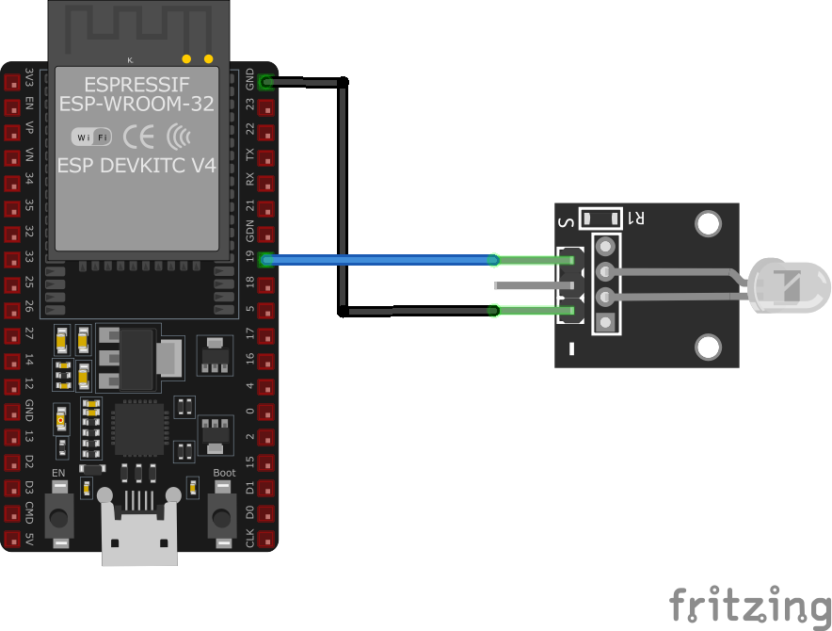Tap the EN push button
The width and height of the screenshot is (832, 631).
pyautogui.click(x=60, y=516)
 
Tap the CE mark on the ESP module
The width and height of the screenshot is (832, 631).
pyautogui.click(x=139, y=138)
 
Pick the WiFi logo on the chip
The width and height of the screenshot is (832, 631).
pyautogui.click(x=91, y=138)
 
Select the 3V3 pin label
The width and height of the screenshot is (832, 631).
pyautogui.click(x=30, y=79)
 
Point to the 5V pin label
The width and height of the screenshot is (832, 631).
pyautogui.click(x=30, y=540)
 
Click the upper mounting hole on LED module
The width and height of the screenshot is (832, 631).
pyautogui.click(x=709, y=223)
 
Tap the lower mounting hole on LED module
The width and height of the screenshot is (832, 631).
pyautogui.click(x=709, y=348)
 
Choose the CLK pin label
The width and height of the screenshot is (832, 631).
pyautogui.click(x=249, y=539)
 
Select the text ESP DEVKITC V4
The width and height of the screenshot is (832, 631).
pyautogui.click(x=136, y=166)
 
